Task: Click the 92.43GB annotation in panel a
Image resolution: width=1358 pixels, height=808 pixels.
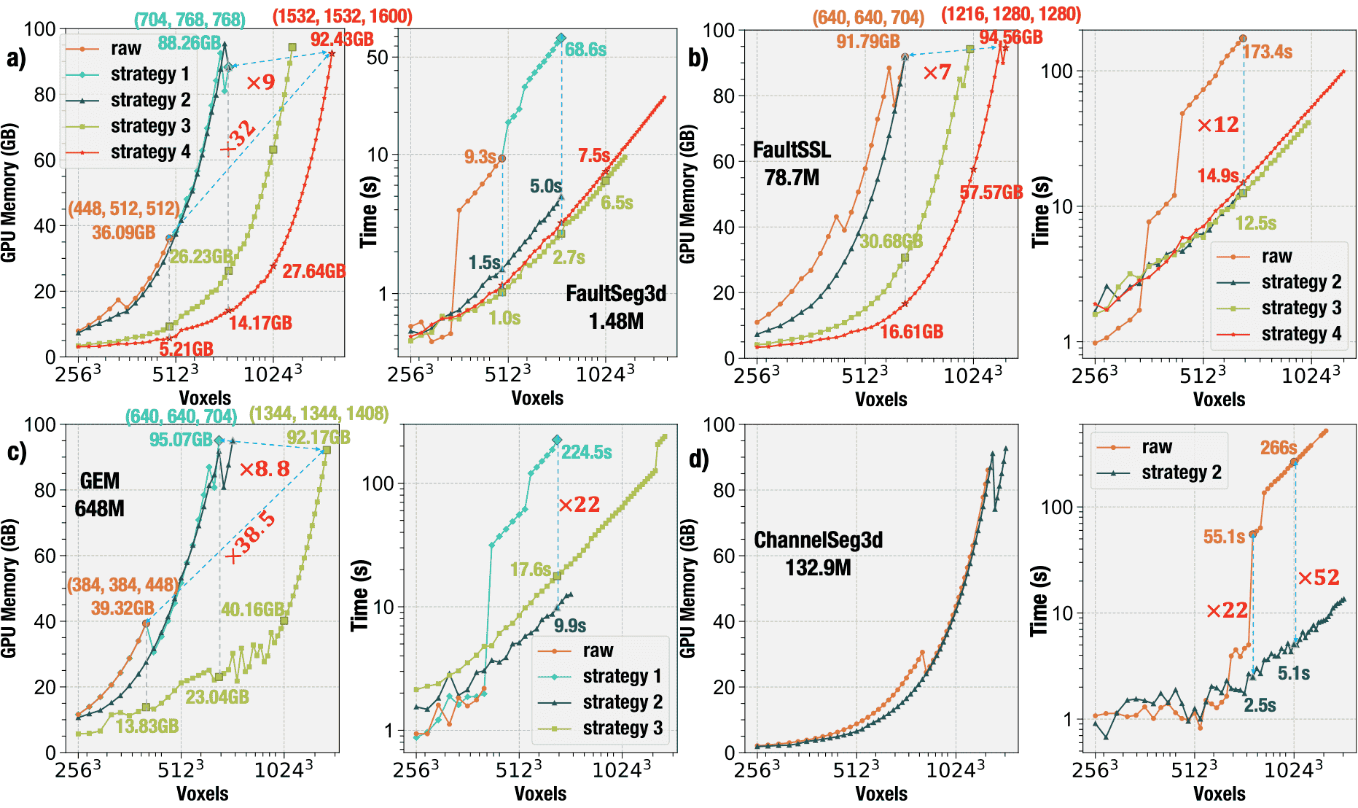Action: [x=342, y=39]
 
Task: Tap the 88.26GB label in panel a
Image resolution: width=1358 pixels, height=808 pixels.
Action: [x=189, y=43]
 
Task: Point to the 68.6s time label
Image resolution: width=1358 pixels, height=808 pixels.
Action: [x=585, y=50]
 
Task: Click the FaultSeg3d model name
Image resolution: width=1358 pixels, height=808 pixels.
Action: [x=616, y=294]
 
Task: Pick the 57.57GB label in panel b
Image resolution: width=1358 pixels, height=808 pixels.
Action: [x=991, y=193]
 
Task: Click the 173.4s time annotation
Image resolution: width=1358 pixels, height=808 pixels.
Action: [x=1268, y=52]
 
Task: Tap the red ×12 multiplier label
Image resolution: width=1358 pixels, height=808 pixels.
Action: [x=1218, y=125]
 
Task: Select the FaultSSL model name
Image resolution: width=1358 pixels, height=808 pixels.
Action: [x=792, y=150]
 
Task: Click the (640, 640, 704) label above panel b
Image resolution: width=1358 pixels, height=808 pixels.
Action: [x=868, y=18]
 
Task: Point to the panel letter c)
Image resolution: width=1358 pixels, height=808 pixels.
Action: [x=17, y=452]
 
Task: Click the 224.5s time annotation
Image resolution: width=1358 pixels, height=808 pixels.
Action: [x=586, y=452]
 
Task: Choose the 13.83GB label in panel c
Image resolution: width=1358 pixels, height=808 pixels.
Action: [x=147, y=726]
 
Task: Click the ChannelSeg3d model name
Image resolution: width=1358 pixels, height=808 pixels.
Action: [x=818, y=540]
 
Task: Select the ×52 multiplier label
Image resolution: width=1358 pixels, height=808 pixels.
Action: [x=1319, y=578]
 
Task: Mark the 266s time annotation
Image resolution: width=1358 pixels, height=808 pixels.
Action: [x=1279, y=448]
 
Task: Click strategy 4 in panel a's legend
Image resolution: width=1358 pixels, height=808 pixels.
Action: [x=150, y=152]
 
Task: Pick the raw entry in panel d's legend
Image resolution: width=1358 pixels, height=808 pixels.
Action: [x=1157, y=446]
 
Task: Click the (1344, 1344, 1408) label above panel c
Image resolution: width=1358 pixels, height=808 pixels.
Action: [x=319, y=414]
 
